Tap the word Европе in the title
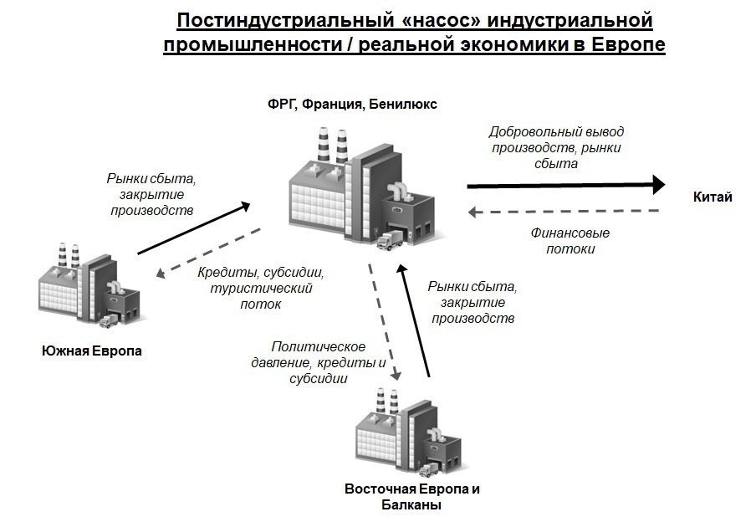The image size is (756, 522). click(x=628, y=45)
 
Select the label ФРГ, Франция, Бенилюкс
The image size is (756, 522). click(x=352, y=105)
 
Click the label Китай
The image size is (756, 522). click(x=713, y=197)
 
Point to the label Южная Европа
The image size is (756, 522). click(x=92, y=351)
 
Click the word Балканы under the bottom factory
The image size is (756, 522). click(x=411, y=505)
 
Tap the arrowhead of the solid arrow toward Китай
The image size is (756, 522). click(x=659, y=184)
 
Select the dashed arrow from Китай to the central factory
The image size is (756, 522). click(x=564, y=212)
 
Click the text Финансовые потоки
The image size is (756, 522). click(x=570, y=241)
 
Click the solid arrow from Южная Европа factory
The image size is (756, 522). click(x=194, y=228)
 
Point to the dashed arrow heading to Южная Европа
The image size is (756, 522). click(x=208, y=253)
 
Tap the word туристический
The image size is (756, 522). click(x=261, y=289)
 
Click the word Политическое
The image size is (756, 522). click(x=319, y=346)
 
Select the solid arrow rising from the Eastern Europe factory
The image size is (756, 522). click(x=413, y=320)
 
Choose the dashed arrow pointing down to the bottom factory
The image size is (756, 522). click(x=385, y=322)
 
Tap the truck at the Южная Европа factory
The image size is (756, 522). click(x=109, y=321)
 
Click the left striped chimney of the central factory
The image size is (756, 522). click(x=324, y=145)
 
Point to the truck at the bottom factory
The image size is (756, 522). click(x=429, y=470)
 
